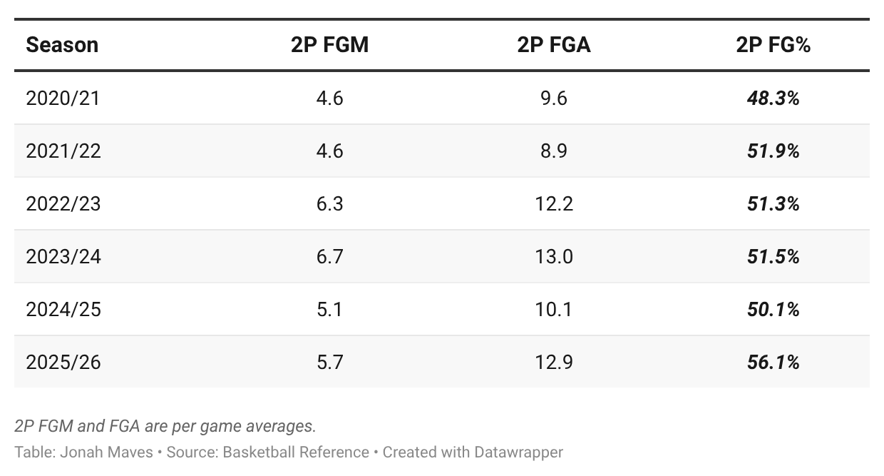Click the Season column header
pyautogui.click(x=62, y=45)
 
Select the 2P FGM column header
pyautogui.click(x=329, y=45)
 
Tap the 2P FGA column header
pyautogui.click(x=554, y=45)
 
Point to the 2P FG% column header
pyautogui.click(x=773, y=45)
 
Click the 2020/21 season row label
pyautogui.click(x=63, y=98)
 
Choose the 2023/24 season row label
pyautogui.click(x=63, y=256)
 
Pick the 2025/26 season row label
pyautogui.click(x=63, y=363)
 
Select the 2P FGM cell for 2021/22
pyautogui.click(x=329, y=151)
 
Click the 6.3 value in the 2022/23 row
pyautogui.click(x=329, y=204)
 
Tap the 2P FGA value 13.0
pyautogui.click(x=554, y=256)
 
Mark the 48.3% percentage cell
pyautogui.click(x=773, y=98)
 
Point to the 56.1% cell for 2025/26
pyautogui.click(x=773, y=363)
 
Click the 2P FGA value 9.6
pyautogui.click(x=554, y=98)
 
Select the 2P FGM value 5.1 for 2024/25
pyautogui.click(x=329, y=310)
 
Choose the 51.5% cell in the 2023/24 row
pyautogui.click(x=773, y=257)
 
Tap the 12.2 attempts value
pyautogui.click(x=554, y=204)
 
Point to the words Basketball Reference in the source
pyautogui.click(x=296, y=452)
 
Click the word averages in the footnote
pyautogui.click(x=284, y=427)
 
